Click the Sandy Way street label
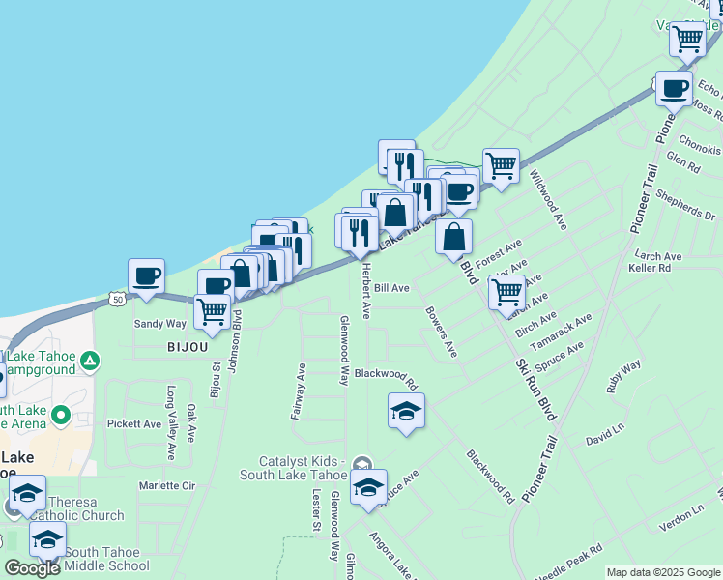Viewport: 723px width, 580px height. [x=160, y=325]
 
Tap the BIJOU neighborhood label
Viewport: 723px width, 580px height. [x=187, y=346]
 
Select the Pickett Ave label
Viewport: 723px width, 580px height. [x=134, y=423]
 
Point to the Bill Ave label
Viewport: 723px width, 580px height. [x=391, y=288]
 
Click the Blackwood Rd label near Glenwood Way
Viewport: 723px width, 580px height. [x=385, y=373]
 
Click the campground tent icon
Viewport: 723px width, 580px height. [x=90, y=362]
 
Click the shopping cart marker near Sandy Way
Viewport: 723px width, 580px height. [x=212, y=311]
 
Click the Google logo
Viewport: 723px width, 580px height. [x=32, y=568]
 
